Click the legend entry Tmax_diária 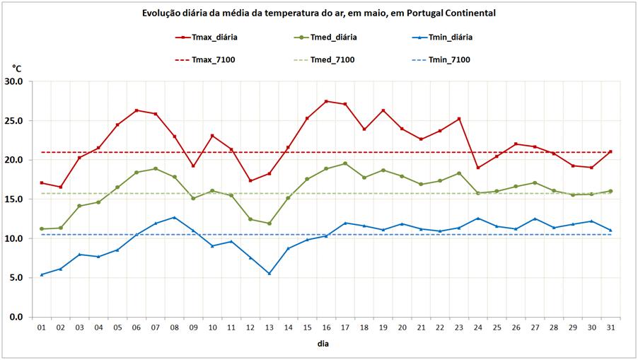point(214,37)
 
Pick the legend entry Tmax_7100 point(213,59)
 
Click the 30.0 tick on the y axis point(14,81)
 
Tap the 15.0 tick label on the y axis point(14,199)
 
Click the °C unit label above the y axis point(17,69)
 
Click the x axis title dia point(323,344)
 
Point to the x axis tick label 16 point(326,327)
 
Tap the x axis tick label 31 point(610,327)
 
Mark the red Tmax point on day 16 point(326,101)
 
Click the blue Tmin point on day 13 point(269,273)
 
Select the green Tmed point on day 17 point(345,163)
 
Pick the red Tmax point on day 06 point(137,110)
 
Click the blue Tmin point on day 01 point(42,274)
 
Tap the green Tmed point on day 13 point(269,223)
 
